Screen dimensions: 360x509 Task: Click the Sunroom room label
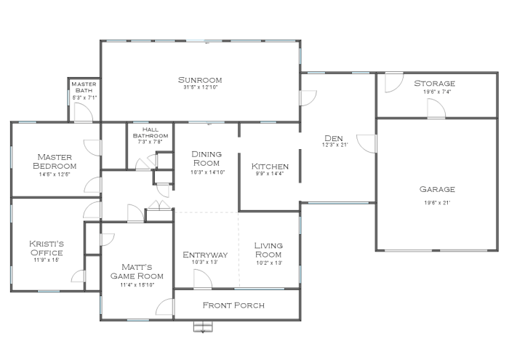coord(199,80)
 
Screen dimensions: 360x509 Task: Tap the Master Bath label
coord(84,87)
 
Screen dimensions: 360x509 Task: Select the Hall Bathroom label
coord(150,132)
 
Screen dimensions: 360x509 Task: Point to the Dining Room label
coord(207,159)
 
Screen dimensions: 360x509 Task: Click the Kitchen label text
coord(270,167)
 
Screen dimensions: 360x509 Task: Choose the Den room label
coord(334,138)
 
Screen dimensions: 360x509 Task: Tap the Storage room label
coord(434,84)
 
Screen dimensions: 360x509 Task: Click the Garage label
coord(436,190)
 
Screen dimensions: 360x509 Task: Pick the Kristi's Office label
coord(46,248)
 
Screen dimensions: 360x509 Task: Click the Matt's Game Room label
coord(137,271)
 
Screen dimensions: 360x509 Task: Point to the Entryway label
coord(205,255)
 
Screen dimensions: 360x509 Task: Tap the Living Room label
coord(268,249)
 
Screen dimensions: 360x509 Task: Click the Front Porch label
coord(233,305)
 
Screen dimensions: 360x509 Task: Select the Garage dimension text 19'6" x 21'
coord(436,202)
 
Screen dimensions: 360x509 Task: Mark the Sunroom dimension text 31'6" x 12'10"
coord(199,88)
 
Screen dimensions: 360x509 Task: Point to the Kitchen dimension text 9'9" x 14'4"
coord(270,175)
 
